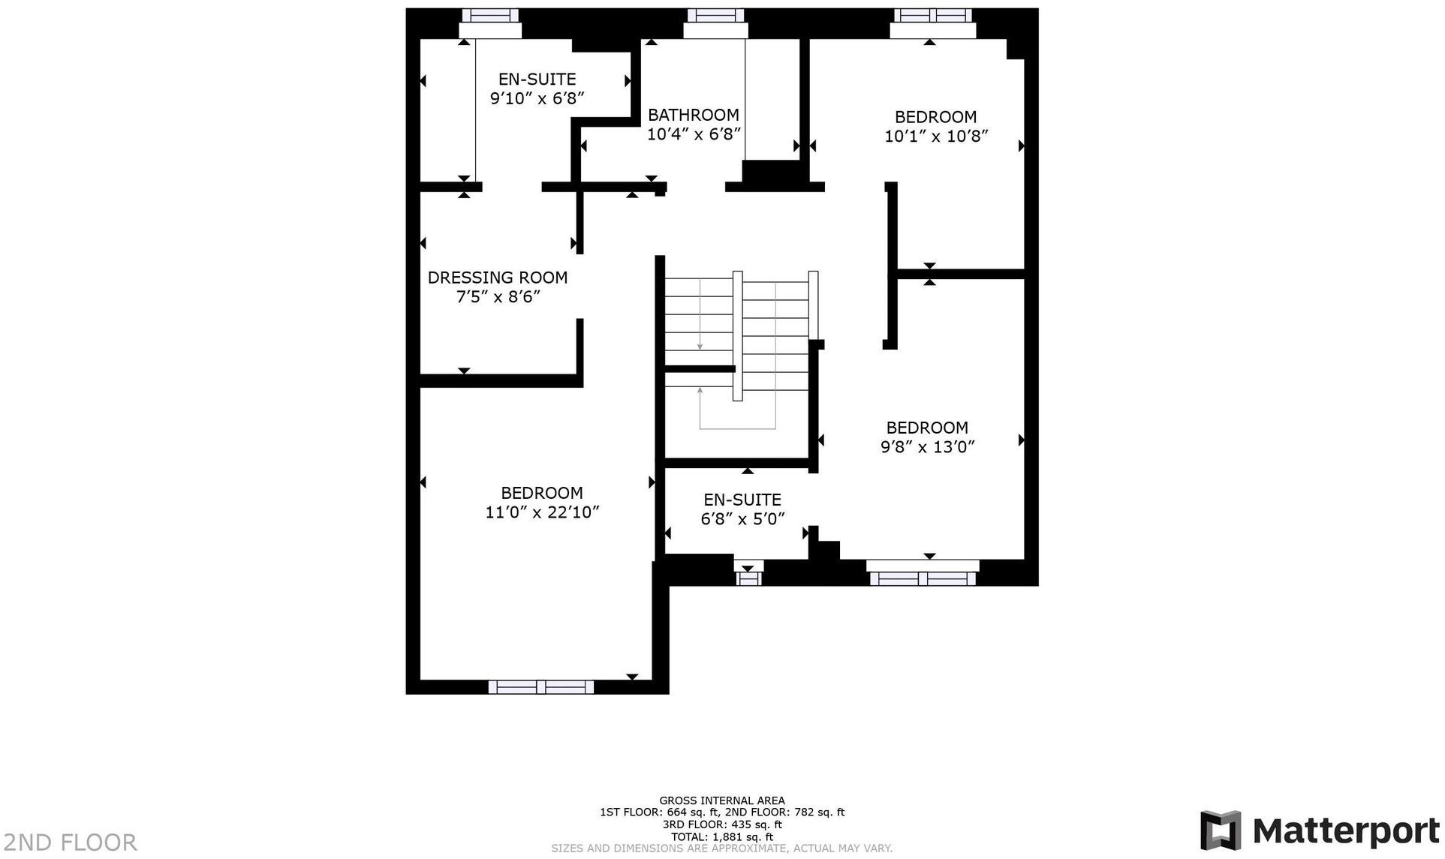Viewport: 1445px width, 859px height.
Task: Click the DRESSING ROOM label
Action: [x=497, y=278]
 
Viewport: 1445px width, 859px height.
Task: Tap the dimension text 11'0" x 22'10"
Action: [x=542, y=512]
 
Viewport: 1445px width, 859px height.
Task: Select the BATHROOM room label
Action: [x=693, y=115]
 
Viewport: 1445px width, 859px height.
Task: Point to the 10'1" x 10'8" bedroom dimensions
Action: [x=935, y=137]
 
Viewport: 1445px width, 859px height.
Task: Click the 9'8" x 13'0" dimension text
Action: [x=927, y=447]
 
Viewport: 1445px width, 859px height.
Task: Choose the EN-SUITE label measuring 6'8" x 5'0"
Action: [x=742, y=500]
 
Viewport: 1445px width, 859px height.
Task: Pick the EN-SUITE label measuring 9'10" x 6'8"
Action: [x=537, y=80]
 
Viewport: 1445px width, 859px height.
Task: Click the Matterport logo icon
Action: [x=1220, y=830]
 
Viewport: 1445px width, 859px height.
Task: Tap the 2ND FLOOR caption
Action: [x=69, y=842]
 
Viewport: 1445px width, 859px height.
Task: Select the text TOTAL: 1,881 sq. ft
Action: [x=721, y=836]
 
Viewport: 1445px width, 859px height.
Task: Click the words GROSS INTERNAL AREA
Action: [x=721, y=800]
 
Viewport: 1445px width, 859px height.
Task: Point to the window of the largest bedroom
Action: [x=540, y=687]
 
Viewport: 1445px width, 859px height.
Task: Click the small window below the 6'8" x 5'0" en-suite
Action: [x=748, y=578]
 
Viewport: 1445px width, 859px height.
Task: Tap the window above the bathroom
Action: [x=715, y=16]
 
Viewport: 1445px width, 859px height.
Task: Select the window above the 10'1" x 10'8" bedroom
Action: [x=932, y=16]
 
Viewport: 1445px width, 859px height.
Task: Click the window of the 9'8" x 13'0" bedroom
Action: [x=922, y=578]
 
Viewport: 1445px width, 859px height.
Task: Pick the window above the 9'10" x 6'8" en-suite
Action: [x=489, y=16]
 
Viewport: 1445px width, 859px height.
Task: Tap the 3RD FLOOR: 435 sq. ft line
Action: [x=721, y=824]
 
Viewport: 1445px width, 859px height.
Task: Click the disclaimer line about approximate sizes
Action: [x=721, y=848]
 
